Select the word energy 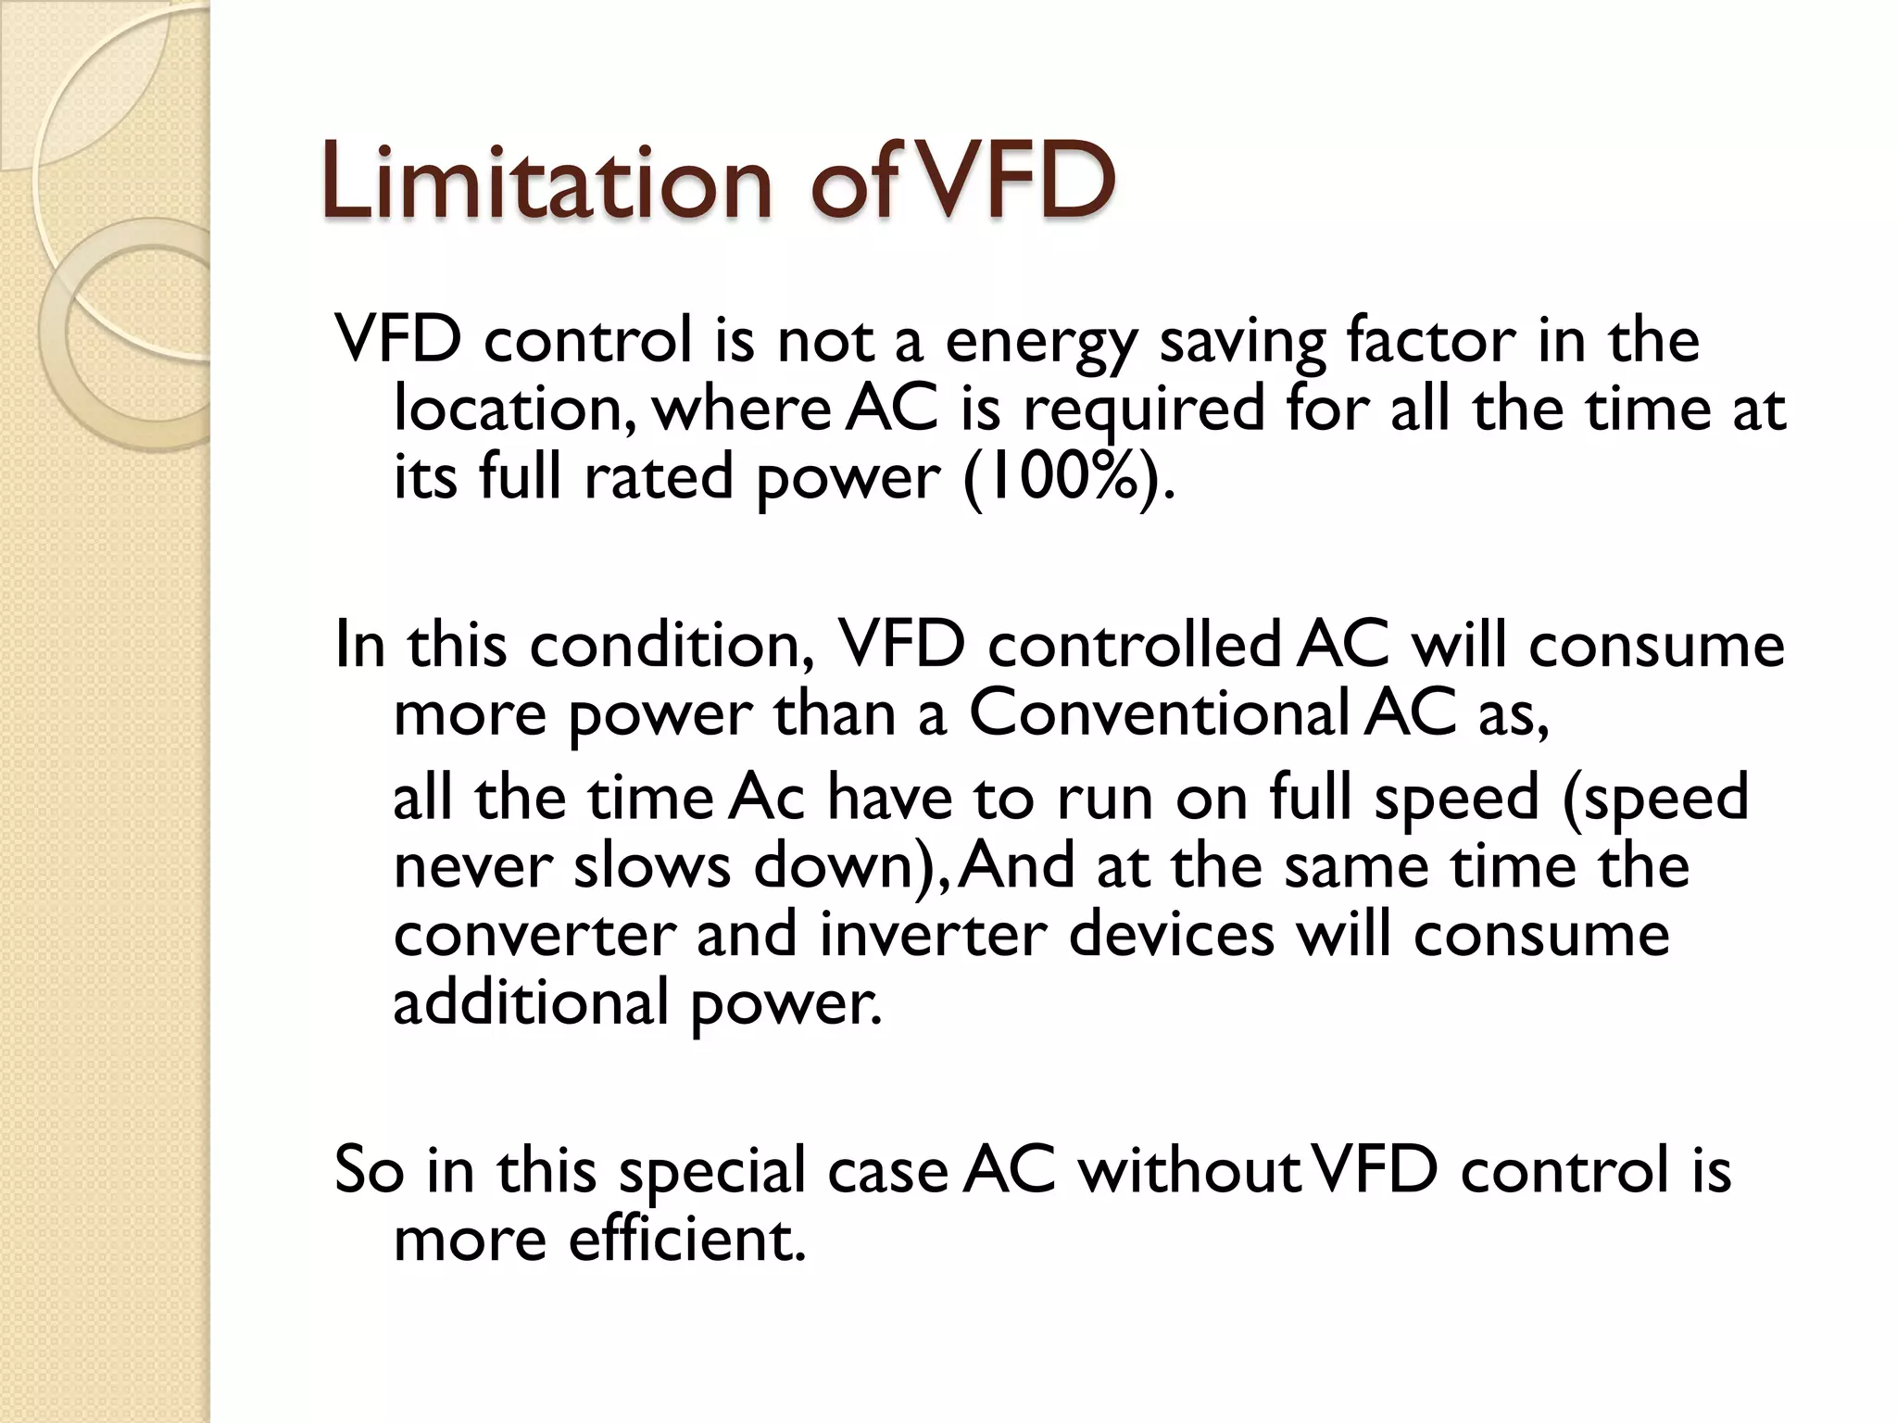point(1041,342)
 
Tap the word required point(1143,410)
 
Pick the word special point(713,1171)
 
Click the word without point(1189,1169)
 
